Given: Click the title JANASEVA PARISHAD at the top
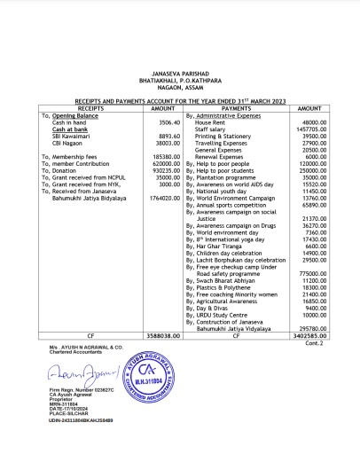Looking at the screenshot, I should click(x=179, y=78).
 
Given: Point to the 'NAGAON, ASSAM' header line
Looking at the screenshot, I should click(x=179, y=90).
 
